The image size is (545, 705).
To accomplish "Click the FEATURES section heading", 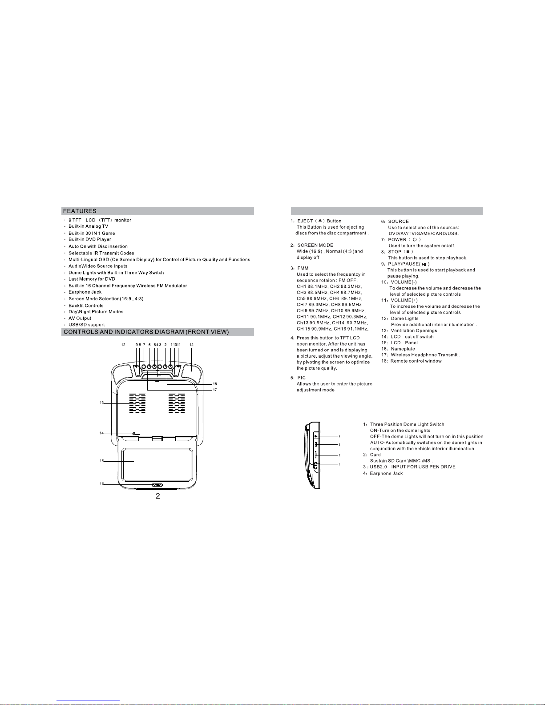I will pos(80,211).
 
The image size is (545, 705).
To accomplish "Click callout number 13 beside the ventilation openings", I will pos(101,403).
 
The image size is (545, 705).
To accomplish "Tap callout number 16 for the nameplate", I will pos(101,484).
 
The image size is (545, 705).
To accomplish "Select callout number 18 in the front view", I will pos(215,383).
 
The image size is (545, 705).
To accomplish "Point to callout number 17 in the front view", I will pos(215,390).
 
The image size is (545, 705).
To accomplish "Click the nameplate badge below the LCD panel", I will pos(157,486).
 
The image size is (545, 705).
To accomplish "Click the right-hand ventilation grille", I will pos(177,403).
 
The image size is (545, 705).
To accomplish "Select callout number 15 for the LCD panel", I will pos(101,461).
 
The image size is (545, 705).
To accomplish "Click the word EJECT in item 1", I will pos(305,221).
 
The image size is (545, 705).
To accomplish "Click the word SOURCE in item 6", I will pos(398,221).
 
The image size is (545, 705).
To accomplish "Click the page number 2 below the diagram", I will pos(157,496).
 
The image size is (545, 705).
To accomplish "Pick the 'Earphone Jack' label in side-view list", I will pos(386,473).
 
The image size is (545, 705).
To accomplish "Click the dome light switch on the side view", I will pos(315,466).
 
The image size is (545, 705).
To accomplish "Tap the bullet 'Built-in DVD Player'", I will pos(90,239).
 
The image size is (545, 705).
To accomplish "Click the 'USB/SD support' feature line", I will pos(87,325).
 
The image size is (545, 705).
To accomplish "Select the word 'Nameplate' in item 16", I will pos(403,349).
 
